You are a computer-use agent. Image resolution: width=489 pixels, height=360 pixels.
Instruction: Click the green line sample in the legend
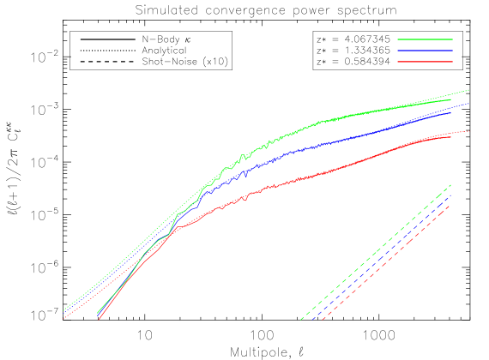(x=425, y=39)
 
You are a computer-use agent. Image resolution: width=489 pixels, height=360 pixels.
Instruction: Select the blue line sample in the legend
(x=425, y=51)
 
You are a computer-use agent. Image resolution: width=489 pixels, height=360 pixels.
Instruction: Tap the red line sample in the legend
(x=425, y=62)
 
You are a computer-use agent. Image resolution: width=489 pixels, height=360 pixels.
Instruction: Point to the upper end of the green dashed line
(x=451, y=184)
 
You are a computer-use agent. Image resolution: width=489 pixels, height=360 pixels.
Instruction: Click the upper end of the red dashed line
(x=451, y=204)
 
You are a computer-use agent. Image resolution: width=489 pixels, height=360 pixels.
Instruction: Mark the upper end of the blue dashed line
(x=451, y=195)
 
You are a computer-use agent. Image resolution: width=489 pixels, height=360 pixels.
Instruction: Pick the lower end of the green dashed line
(x=300, y=320)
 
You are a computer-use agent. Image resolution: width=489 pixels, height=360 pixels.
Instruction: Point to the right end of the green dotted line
(x=468, y=89)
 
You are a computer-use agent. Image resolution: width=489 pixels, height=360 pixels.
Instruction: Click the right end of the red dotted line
(x=468, y=131)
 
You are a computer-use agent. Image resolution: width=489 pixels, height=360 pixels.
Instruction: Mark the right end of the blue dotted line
(x=468, y=104)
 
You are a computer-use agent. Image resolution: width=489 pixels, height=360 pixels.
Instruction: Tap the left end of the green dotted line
(x=63, y=310)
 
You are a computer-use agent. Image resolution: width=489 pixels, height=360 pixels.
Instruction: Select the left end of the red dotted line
(x=63, y=318)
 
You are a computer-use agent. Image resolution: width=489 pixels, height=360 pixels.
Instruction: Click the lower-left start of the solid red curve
(x=100, y=319)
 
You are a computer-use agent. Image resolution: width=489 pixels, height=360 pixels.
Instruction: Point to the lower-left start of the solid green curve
(x=98, y=312)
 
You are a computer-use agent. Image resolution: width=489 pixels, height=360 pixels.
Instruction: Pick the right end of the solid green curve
(x=451, y=99)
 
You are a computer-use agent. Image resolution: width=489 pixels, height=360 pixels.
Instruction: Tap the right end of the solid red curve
(x=451, y=137)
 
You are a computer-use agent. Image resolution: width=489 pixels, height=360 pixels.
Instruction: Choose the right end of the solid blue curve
(x=451, y=111)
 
